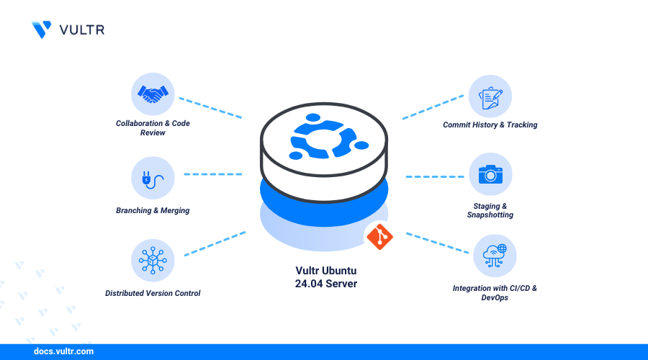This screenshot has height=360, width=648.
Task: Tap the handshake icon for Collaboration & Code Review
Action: coord(153,94)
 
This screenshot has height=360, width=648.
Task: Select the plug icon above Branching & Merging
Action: coord(153,178)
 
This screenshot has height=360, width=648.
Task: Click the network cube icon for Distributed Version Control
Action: coord(153,260)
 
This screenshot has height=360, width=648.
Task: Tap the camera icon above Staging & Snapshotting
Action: coord(490,174)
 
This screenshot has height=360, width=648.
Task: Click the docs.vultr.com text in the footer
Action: coord(63,352)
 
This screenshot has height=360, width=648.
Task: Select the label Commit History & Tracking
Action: coord(490,125)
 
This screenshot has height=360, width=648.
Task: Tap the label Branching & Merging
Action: coord(153,210)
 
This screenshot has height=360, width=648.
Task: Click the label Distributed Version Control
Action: coord(153,293)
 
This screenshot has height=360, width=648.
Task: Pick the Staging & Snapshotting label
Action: coord(490,210)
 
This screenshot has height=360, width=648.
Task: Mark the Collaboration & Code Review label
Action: coord(153,128)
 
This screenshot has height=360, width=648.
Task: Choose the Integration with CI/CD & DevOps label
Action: coord(495,292)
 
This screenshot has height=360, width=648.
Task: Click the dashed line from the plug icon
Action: coord(212,174)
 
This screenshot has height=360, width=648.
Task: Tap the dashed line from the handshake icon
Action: coord(210,107)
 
